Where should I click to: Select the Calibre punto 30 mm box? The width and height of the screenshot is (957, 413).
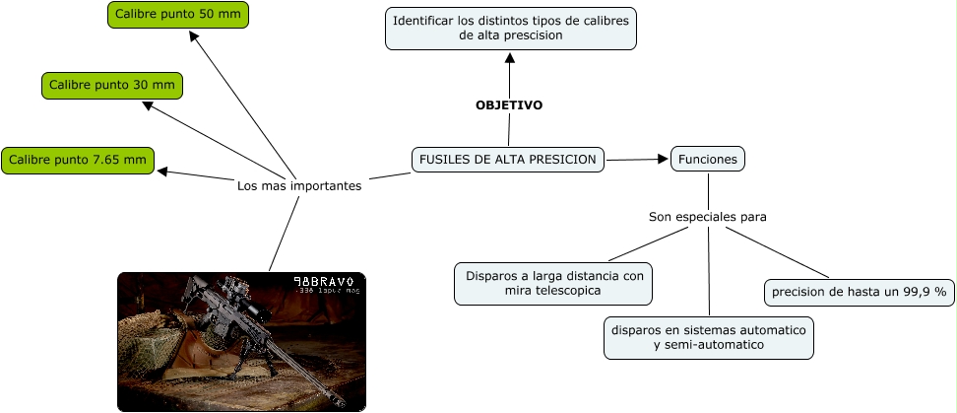click(112, 86)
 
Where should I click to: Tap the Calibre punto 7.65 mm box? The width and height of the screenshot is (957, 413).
click(78, 160)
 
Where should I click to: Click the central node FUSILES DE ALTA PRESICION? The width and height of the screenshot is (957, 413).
click(507, 159)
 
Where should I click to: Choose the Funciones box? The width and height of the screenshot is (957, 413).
click(708, 159)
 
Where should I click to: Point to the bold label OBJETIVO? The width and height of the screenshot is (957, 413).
click(508, 104)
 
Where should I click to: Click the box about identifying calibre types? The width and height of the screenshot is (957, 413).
click(510, 28)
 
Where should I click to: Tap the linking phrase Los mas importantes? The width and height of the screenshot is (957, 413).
click(299, 185)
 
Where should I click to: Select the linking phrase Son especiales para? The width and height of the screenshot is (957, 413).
click(707, 216)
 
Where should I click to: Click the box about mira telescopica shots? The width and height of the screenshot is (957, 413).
click(553, 284)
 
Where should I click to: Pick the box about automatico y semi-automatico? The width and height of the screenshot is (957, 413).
click(708, 337)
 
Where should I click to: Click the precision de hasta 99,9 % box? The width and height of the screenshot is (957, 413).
click(859, 292)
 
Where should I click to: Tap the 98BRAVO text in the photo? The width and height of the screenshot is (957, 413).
click(323, 282)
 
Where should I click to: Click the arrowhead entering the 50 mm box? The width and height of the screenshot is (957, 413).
click(194, 36)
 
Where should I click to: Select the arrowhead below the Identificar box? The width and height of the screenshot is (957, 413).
click(510, 57)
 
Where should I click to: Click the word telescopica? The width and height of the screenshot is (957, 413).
click(566, 292)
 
